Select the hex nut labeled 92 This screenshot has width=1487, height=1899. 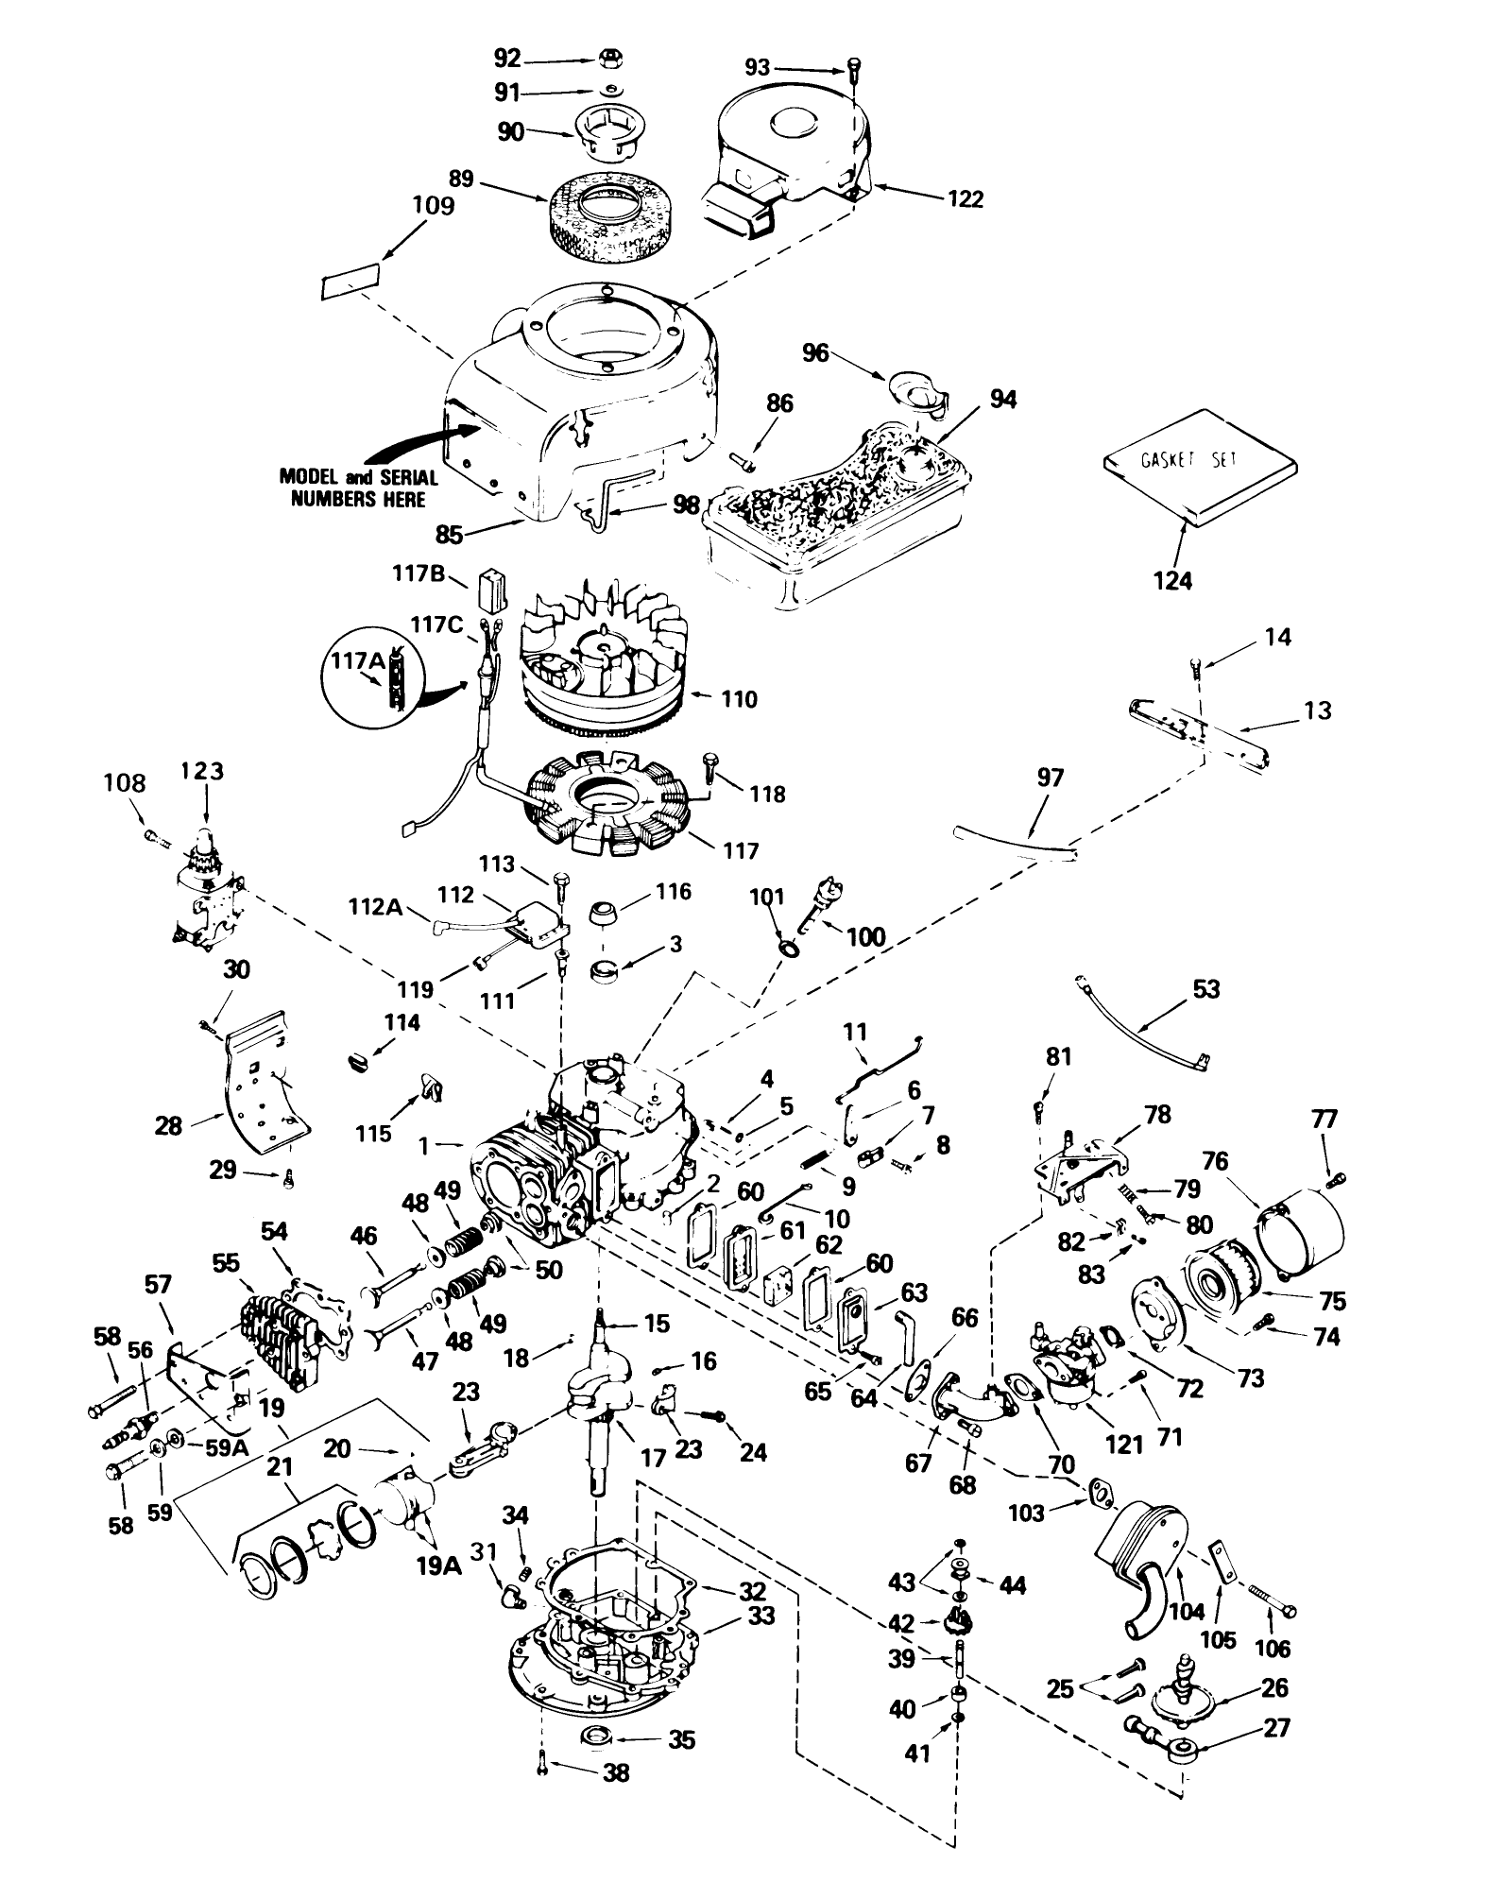609,61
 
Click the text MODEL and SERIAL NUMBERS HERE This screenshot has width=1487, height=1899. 358,488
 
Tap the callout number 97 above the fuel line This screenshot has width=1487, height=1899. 1050,778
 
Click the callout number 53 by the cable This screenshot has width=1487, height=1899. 1206,989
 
